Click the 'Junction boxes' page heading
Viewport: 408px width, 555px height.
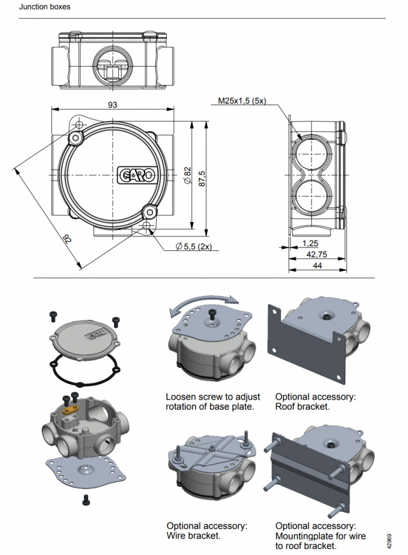pyautogui.click(x=44, y=7)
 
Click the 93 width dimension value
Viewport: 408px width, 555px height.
pyautogui.click(x=113, y=104)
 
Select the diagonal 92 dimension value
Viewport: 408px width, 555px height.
pyautogui.click(x=67, y=240)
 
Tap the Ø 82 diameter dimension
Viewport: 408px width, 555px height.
pyautogui.click(x=187, y=175)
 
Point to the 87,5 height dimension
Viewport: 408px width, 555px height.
pyautogui.click(x=202, y=178)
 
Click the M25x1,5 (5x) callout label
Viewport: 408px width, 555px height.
pyautogui.click(x=242, y=101)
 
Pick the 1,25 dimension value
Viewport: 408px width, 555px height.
pyautogui.click(x=310, y=243)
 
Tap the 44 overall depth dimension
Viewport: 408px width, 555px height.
pyautogui.click(x=317, y=266)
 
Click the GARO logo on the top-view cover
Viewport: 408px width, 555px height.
pyautogui.click(x=138, y=175)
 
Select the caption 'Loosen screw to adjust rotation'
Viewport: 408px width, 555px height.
pyautogui.click(x=212, y=402)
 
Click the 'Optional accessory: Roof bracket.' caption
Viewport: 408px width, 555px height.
pyautogui.click(x=315, y=402)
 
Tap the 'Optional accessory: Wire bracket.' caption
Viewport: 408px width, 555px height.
pyautogui.click(x=207, y=531)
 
